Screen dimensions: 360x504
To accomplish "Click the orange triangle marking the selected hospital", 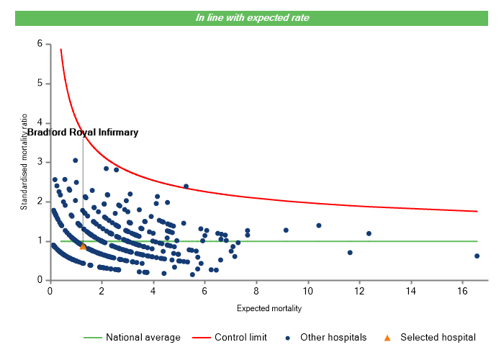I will [83, 246].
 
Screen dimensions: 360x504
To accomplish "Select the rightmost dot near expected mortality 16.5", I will [477, 256].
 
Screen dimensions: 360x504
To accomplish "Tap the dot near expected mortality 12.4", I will [369, 233].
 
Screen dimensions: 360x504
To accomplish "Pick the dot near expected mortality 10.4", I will [318, 225].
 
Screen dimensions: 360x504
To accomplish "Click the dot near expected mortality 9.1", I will [286, 230].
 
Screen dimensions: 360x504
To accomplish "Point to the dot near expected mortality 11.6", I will [350, 253].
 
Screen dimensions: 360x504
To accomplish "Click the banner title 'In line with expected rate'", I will [252, 18].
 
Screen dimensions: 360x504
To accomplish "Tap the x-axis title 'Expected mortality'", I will [269, 308].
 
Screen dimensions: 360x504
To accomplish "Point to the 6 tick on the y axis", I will [40, 44].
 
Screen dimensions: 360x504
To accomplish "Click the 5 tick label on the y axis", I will [40, 84].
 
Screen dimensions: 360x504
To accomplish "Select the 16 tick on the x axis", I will [462, 291].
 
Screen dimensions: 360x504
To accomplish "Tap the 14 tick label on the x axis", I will [410, 291].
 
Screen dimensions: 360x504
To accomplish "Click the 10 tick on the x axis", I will [307, 291].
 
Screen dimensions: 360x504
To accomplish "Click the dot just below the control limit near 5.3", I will [186, 186].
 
